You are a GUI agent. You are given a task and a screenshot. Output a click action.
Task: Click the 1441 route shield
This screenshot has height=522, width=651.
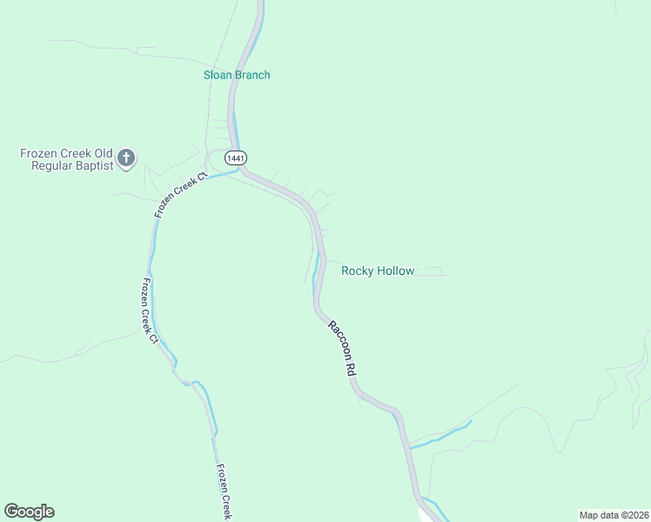[235, 157]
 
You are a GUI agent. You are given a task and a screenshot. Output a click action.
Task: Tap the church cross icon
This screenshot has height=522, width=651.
[127, 157]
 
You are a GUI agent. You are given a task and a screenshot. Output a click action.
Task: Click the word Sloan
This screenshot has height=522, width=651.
[218, 75]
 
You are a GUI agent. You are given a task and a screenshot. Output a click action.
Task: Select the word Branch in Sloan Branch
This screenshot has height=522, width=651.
[252, 75]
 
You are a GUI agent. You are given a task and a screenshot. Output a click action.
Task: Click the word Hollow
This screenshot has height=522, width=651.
[395, 271]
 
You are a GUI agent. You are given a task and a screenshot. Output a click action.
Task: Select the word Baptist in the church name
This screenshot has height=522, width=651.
[94, 165]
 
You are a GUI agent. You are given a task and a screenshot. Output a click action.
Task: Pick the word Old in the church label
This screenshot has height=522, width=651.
[104, 153]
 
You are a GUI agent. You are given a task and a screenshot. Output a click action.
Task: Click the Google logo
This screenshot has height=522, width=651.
[29, 512]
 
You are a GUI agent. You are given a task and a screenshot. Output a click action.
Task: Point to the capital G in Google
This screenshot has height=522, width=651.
[11, 512]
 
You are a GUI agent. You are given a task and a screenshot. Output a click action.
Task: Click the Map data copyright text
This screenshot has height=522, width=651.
[613, 515]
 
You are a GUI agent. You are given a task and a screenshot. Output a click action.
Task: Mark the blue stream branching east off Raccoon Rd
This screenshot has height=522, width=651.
[444, 434]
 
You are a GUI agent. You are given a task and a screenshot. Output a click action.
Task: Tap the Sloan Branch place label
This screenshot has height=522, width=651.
[237, 75]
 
